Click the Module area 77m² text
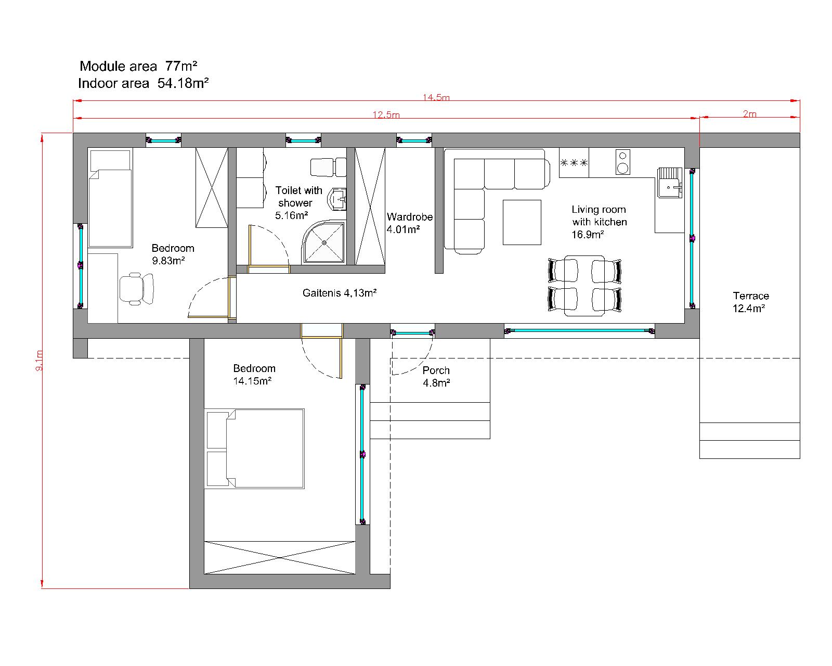click(138, 66)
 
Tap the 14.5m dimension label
click(436, 98)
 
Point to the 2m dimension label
click(749, 114)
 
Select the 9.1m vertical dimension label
click(38, 360)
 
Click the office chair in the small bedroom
click(136, 288)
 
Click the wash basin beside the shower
click(338, 199)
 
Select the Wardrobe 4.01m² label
click(409, 223)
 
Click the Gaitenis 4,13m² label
click(340, 293)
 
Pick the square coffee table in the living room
click(522, 222)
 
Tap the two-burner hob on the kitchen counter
click(622, 162)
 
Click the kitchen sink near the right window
click(670, 183)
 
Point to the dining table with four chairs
click(584, 286)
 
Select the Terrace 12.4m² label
click(750, 302)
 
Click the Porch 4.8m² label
click(436, 376)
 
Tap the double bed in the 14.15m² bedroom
click(255, 449)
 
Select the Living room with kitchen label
click(599, 222)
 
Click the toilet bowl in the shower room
click(328, 167)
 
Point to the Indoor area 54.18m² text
click(144, 83)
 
